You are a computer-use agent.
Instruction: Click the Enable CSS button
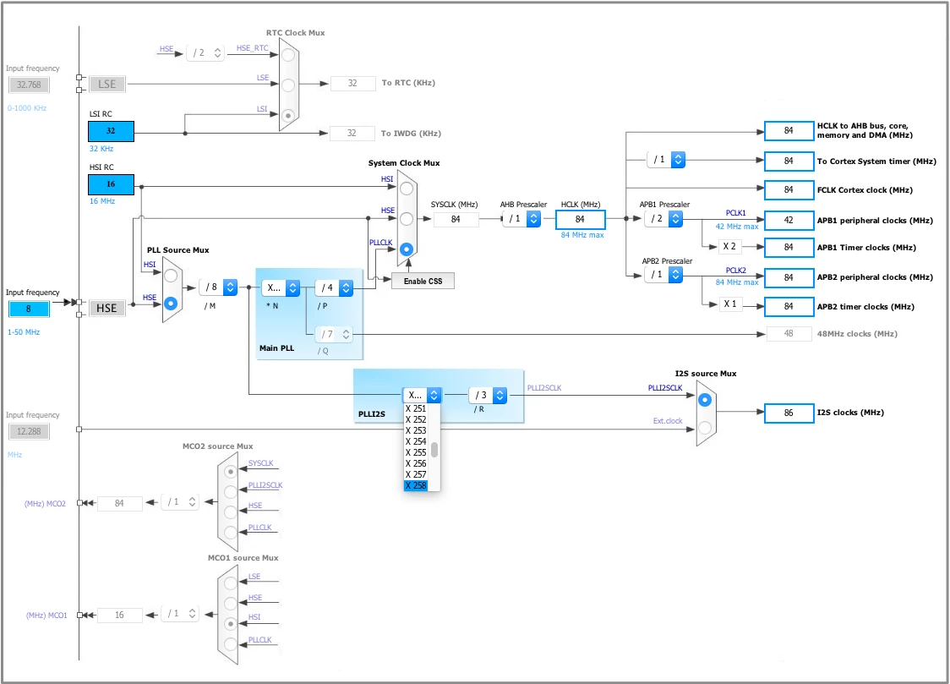click(423, 281)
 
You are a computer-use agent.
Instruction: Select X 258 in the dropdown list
click(416, 485)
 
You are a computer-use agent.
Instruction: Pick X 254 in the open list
click(416, 441)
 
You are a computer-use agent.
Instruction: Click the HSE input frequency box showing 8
click(29, 309)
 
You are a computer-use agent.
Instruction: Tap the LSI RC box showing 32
click(111, 131)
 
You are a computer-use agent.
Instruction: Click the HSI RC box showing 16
click(111, 184)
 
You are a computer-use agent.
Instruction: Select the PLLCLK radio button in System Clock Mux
click(407, 249)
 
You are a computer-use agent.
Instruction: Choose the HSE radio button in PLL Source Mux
click(171, 303)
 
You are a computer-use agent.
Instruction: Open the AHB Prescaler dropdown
click(521, 219)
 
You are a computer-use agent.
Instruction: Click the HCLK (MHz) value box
click(581, 219)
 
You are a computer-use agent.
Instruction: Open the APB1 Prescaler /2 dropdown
click(664, 219)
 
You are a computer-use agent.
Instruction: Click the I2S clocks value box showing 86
click(789, 413)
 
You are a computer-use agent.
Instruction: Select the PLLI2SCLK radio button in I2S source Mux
click(705, 400)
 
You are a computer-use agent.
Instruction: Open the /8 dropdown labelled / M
click(219, 287)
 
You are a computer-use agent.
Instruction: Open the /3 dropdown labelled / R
click(489, 395)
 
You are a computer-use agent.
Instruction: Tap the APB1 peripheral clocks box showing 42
click(789, 221)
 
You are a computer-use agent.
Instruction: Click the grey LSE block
click(107, 85)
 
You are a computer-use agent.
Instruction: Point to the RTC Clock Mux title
click(296, 33)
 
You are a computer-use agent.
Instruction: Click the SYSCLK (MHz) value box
click(456, 219)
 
